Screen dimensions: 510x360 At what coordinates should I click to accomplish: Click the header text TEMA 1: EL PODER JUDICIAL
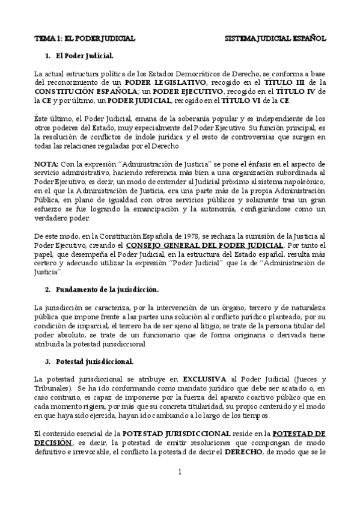pyautogui.click(x=84, y=38)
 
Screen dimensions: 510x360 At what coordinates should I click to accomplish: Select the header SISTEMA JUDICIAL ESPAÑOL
pyautogui.click(x=275, y=38)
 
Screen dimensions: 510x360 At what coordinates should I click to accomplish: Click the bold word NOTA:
pyautogui.click(x=46, y=164)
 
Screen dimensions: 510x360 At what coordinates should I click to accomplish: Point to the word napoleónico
pyautogui.click(x=306, y=182)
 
